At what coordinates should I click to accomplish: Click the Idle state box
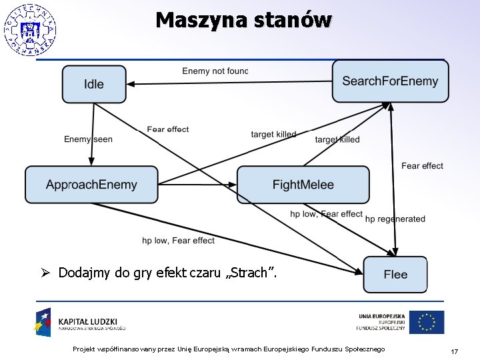click(x=94, y=84)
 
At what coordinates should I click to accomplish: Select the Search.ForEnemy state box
click(x=390, y=81)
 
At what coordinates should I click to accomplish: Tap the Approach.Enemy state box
click(x=91, y=185)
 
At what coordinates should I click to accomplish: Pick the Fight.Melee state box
click(x=303, y=185)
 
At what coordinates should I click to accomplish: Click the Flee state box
click(x=395, y=274)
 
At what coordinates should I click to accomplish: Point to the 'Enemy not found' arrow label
click(x=215, y=71)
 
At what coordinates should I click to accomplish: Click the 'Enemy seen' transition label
click(x=88, y=139)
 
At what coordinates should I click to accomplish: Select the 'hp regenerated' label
click(x=395, y=219)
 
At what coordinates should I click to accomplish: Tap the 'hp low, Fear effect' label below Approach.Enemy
click(x=178, y=240)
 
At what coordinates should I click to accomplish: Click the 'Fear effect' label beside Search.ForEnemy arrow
click(x=422, y=166)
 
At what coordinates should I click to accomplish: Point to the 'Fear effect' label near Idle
click(x=168, y=129)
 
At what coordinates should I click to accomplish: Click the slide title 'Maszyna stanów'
click(x=243, y=20)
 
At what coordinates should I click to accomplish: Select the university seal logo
click(x=29, y=30)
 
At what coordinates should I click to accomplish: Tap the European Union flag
click(x=427, y=323)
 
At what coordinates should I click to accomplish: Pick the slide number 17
click(x=454, y=351)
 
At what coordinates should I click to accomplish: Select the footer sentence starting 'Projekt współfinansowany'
click(x=229, y=350)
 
